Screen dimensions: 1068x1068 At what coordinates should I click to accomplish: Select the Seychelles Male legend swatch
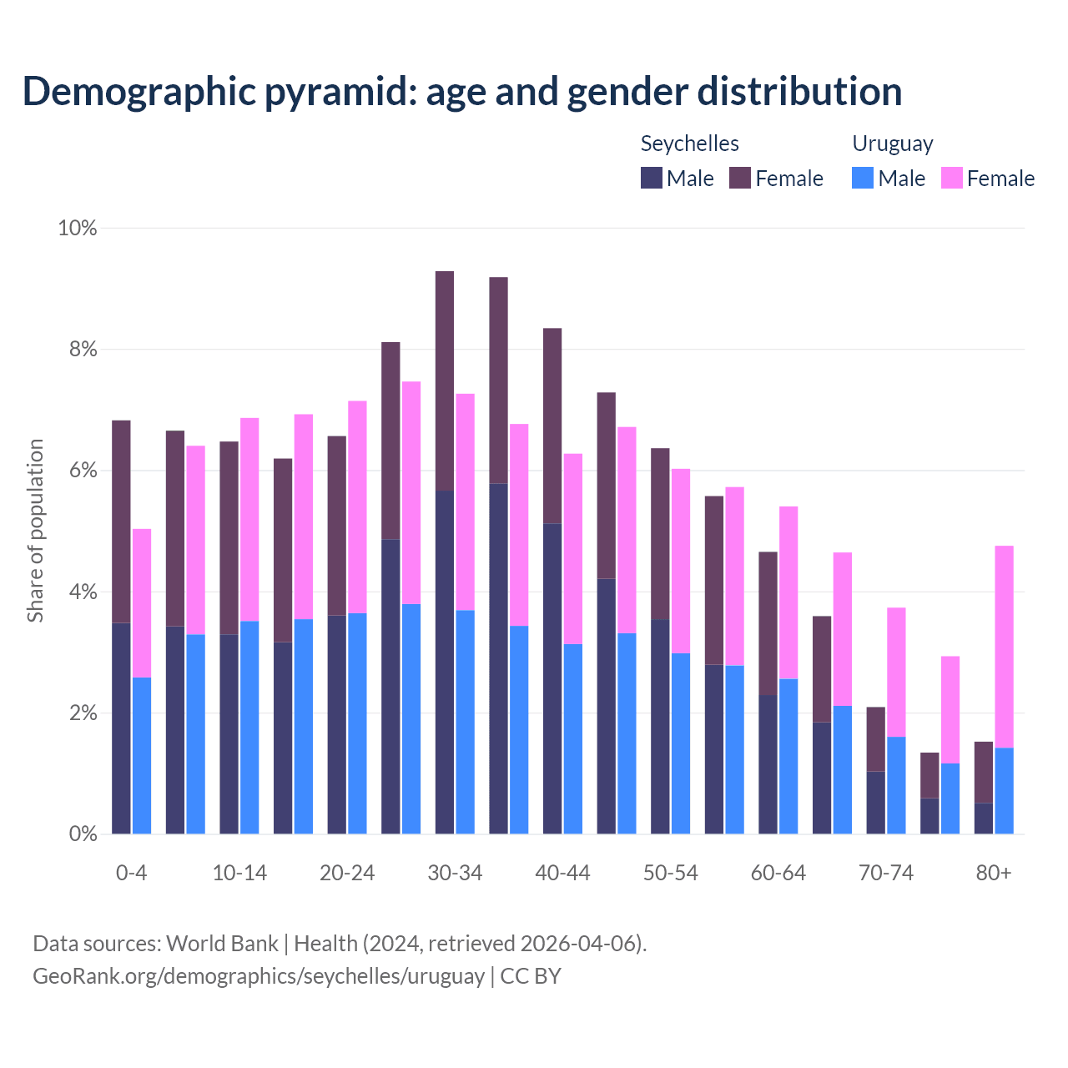pyautogui.click(x=652, y=178)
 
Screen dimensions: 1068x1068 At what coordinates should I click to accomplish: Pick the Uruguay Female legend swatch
pyautogui.click(x=952, y=178)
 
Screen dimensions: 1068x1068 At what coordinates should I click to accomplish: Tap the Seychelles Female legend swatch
pyautogui.click(x=740, y=178)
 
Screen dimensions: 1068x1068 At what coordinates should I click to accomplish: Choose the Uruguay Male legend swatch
pyautogui.click(x=863, y=178)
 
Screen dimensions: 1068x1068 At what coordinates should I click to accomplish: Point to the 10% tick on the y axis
pyautogui.click(x=78, y=228)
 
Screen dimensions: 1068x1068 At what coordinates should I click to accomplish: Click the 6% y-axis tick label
pyautogui.click(x=83, y=471)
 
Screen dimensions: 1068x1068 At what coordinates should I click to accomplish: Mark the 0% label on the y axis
pyautogui.click(x=83, y=834)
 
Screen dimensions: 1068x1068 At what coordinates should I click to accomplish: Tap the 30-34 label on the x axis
pyautogui.click(x=455, y=873)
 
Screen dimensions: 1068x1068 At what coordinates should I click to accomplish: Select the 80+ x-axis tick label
pyautogui.click(x=994, y=873)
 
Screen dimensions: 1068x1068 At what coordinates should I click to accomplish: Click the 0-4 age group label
pyautogui.click(x=131, y=873)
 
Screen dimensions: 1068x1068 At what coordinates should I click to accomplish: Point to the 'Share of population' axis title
pyautogui.click(x=35, y=531)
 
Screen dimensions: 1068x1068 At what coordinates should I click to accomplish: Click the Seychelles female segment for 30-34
pyautogui.click(x=445, y=380)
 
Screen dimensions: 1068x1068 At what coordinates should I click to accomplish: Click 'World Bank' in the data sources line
pyautogui.click(x=222, y=944)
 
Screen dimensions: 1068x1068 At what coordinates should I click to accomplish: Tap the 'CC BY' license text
pyautogui.click(x=531, y=975)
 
